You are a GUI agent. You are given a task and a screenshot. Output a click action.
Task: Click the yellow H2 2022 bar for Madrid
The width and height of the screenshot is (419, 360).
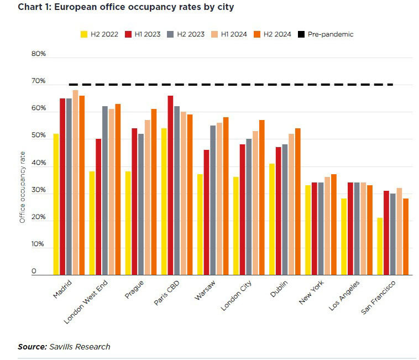56,204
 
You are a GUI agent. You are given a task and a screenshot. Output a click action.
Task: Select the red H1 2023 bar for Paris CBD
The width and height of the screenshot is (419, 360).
170,185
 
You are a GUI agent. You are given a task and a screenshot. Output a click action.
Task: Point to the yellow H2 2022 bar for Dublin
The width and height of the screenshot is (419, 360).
271,219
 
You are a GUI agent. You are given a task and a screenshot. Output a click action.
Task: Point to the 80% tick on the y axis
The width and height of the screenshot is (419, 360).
38,54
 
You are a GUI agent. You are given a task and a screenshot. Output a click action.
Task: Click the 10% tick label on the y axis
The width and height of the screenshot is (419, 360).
38,244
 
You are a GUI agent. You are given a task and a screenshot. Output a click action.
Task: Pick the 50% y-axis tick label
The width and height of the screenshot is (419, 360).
38,135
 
